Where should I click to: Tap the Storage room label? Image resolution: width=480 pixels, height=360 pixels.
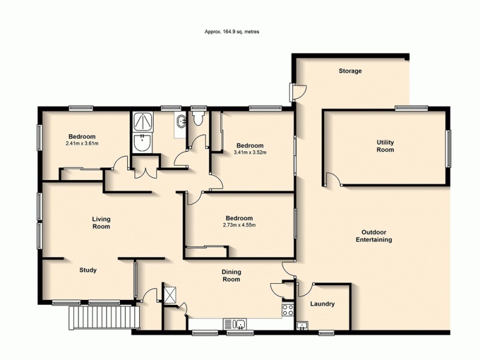(350, 71)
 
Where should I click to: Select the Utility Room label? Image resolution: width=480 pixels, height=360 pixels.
(385, 146)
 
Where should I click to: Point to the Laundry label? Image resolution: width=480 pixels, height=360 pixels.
(322, 304)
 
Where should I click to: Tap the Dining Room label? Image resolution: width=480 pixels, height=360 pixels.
(232, 275)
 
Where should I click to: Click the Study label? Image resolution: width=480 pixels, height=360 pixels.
(88, 270)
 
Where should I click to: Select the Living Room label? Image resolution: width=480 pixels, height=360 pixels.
(101, 223)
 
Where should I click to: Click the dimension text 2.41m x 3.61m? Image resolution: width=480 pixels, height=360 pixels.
(82, 143)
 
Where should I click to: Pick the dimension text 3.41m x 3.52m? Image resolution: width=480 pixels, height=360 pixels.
(250, 152)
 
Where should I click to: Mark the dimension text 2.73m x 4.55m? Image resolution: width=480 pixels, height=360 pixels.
(239, 226)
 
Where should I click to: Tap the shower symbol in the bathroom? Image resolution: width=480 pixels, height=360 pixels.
(143, 122)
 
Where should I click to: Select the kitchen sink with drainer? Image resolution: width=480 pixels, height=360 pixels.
(238, 325)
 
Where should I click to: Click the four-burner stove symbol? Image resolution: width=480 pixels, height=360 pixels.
(287, 310)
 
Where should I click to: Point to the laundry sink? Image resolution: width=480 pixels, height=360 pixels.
(302, 326)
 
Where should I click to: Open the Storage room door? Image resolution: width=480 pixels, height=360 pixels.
(297, 92)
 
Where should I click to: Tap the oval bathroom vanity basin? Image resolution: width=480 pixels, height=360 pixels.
(181, 122)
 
